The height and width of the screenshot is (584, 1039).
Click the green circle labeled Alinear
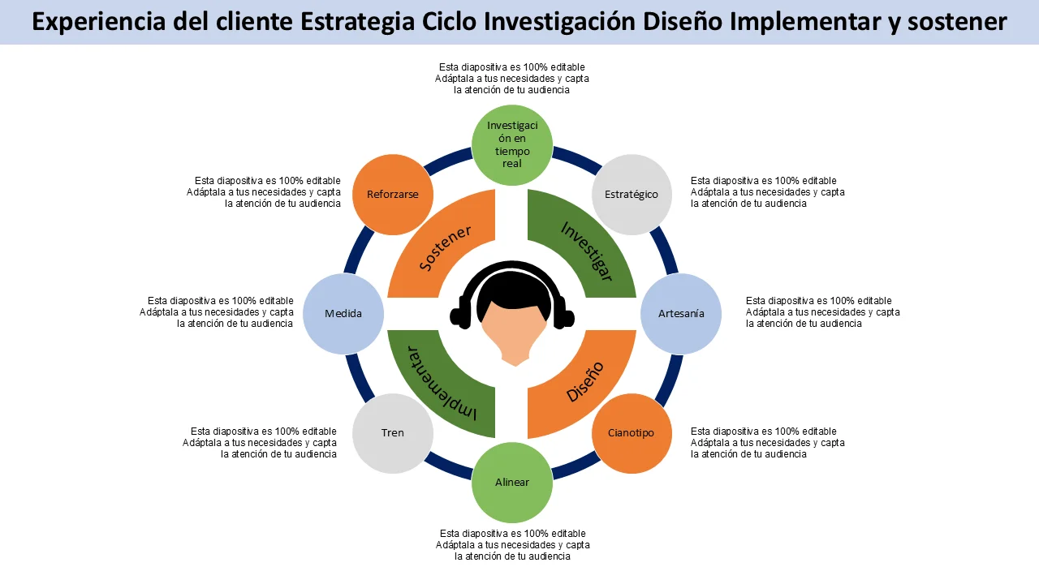click(511, 483)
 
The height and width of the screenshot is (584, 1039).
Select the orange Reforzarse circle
click(392, 195)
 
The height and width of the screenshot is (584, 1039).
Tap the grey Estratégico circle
click(632, 195)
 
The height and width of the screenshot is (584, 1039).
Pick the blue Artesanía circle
click(681, 314)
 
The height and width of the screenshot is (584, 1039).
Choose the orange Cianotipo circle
click(632, 433)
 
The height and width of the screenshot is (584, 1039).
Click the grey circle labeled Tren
click(392, 433)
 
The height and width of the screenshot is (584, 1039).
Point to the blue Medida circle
click(343, 314)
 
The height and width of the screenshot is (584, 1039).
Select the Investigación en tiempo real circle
click(511, 145)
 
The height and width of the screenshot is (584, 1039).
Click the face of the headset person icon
click(514, 332)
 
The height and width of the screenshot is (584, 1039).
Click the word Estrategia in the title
click(357, 22)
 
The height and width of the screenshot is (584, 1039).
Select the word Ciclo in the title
click(449, 21)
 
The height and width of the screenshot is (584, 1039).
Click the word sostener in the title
click(957, 22)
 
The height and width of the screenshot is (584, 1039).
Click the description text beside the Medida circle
click(216, 312)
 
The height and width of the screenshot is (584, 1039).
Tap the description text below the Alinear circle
click(512, 545)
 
